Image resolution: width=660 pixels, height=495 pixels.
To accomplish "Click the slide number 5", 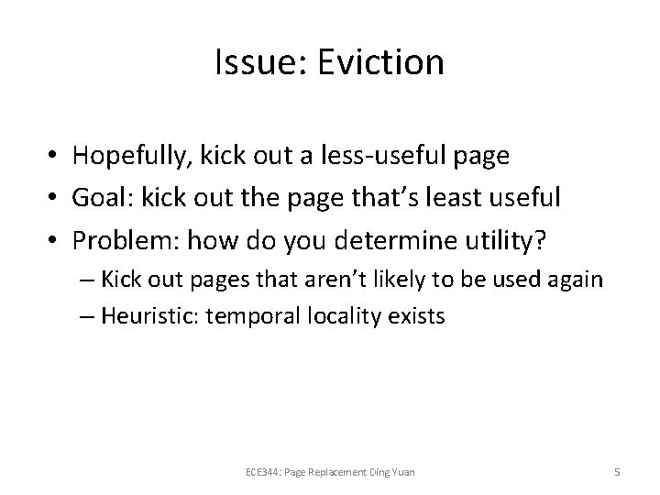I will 617,472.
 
